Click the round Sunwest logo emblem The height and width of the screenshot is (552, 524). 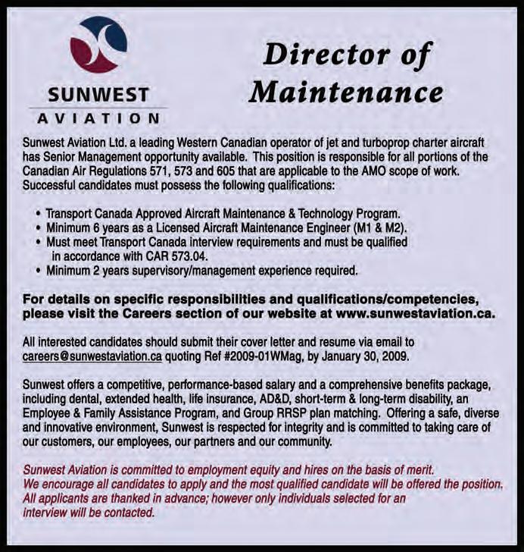[x=98, y=45]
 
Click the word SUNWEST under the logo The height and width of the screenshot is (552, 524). [x=98, y=96]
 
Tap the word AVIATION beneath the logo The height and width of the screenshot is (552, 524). [x=98, y=118]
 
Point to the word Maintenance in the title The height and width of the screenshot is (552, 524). [x=346, y=93]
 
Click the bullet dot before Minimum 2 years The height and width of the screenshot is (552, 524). [x=38, y=270]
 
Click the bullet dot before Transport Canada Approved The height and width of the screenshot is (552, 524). [x=38, y=213]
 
